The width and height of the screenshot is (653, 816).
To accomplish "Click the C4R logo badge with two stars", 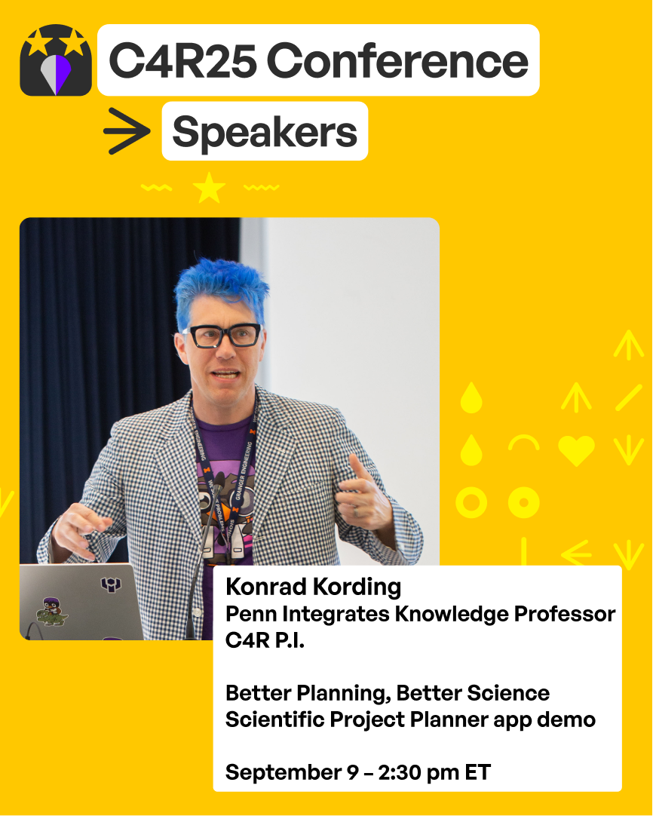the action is coord(56,60).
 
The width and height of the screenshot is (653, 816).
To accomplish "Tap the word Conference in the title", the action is coord(397,61).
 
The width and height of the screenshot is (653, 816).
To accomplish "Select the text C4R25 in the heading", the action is coord(183,61).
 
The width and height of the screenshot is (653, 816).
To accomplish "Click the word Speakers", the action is coord(265,132).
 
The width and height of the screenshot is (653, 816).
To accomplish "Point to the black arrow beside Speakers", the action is coord(127,130).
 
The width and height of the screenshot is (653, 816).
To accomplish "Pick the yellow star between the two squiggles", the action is coord(209,188).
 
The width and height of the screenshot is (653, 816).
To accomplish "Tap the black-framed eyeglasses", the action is coord(222,336).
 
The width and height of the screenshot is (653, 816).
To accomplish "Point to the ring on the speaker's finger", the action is coord(355,512).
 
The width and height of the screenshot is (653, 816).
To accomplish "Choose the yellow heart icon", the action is coord(577,450).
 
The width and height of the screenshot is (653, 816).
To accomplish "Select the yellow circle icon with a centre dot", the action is coord(524,503).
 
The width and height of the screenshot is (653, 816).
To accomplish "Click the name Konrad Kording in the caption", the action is coord(313,587).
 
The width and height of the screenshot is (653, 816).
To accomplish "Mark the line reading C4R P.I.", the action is coord(265,640).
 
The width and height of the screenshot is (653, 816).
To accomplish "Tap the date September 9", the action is coord(292,773).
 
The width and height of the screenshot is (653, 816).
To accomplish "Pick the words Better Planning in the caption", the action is coord(308,694).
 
